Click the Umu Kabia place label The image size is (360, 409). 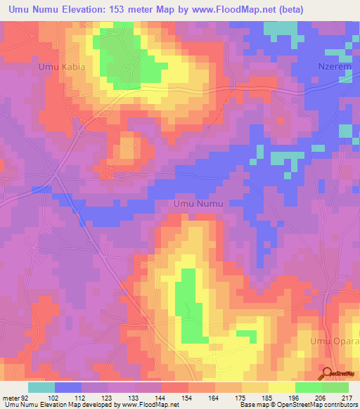click(62, 67)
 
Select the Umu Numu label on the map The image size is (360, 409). click(198, 204)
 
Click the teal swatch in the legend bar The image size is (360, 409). click(41, 387)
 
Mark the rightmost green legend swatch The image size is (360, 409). click(335, 387)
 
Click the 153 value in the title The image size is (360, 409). click(121, 10)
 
